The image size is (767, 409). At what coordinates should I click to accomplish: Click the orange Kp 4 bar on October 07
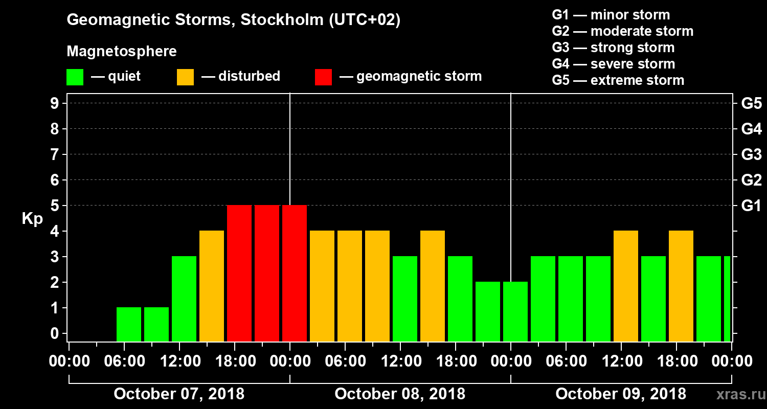212,286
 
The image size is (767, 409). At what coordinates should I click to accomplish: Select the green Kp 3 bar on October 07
184,299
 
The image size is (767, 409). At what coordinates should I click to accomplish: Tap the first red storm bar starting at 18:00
239,273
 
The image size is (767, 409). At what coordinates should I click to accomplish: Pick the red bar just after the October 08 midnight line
295,273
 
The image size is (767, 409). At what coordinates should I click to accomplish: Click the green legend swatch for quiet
75,77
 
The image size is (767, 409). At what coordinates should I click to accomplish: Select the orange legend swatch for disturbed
185,77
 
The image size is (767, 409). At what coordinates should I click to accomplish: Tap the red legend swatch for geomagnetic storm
323,77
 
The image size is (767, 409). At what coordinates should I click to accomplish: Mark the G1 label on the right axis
751,206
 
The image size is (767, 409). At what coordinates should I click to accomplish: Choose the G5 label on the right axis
751,103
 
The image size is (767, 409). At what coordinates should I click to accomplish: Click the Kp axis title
32,219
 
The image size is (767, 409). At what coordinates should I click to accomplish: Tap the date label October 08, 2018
400,394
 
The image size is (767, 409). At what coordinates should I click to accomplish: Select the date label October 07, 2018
179,394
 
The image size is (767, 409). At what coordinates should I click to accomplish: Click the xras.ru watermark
737,394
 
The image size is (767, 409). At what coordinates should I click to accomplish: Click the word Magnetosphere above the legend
122,52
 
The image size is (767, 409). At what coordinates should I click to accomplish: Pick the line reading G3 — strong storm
613,48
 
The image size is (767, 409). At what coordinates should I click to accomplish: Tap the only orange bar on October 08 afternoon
433,286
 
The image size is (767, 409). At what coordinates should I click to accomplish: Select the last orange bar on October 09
681,286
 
